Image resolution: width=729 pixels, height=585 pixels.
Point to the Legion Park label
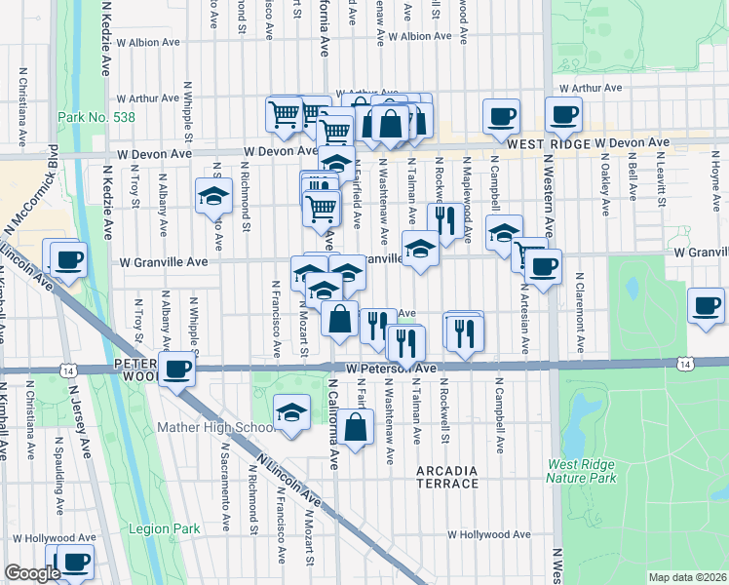point(164,528)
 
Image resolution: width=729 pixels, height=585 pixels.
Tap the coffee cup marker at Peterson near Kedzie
point(176,370)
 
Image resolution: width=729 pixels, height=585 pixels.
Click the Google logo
point(31,573)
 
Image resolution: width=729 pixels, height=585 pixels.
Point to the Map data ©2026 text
point(686,577)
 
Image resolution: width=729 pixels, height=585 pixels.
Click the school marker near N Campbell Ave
point(504,233)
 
